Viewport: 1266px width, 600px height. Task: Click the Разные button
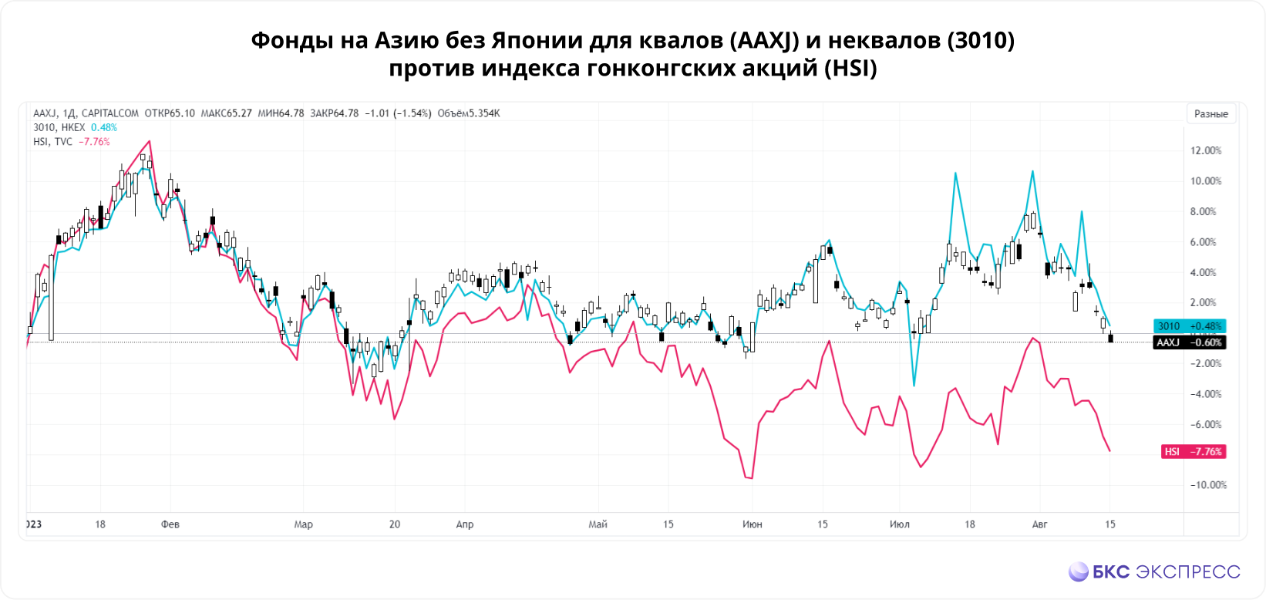pyautogui.click(x=1210, y=113)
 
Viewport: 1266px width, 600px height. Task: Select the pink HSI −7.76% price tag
pyautogui.click(x=1194, y=452)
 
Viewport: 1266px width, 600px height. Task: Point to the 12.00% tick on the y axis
pyautogui.click(x=1206, y=150)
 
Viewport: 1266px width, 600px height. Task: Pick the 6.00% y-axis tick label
pyautogui.click(x=1206, y=242)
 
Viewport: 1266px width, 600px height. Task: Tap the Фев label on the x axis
pyautogui.click(x=170, y=524)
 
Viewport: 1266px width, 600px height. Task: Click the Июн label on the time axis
pyautogui.click(x=752, y=524)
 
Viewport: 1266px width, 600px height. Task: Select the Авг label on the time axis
pyautogui.click(x=1039, y=524)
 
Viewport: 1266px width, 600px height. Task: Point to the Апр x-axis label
pyautogui.click(x=464, y=524)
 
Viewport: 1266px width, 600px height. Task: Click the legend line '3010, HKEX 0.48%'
pyautogui.click(x=75, y=127)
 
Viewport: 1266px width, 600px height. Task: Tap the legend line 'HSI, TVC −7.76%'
pyautogui.click(x=71, y=142)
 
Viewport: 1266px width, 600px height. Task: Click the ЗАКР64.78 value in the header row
pyautogui.click(x=334, y=113)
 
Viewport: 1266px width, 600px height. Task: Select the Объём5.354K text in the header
pyautogui.click(x=469, y=113)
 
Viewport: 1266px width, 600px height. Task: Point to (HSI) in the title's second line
pyautogui.click(x=850, y=69)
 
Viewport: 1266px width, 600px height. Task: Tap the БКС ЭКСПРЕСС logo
pyautogui.click(x=1154, y=571)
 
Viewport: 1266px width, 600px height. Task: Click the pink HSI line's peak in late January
pyautogui.click(x=150, y=141)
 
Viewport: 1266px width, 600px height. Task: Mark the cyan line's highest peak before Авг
pyautogui.click(x=1032, y=171)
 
